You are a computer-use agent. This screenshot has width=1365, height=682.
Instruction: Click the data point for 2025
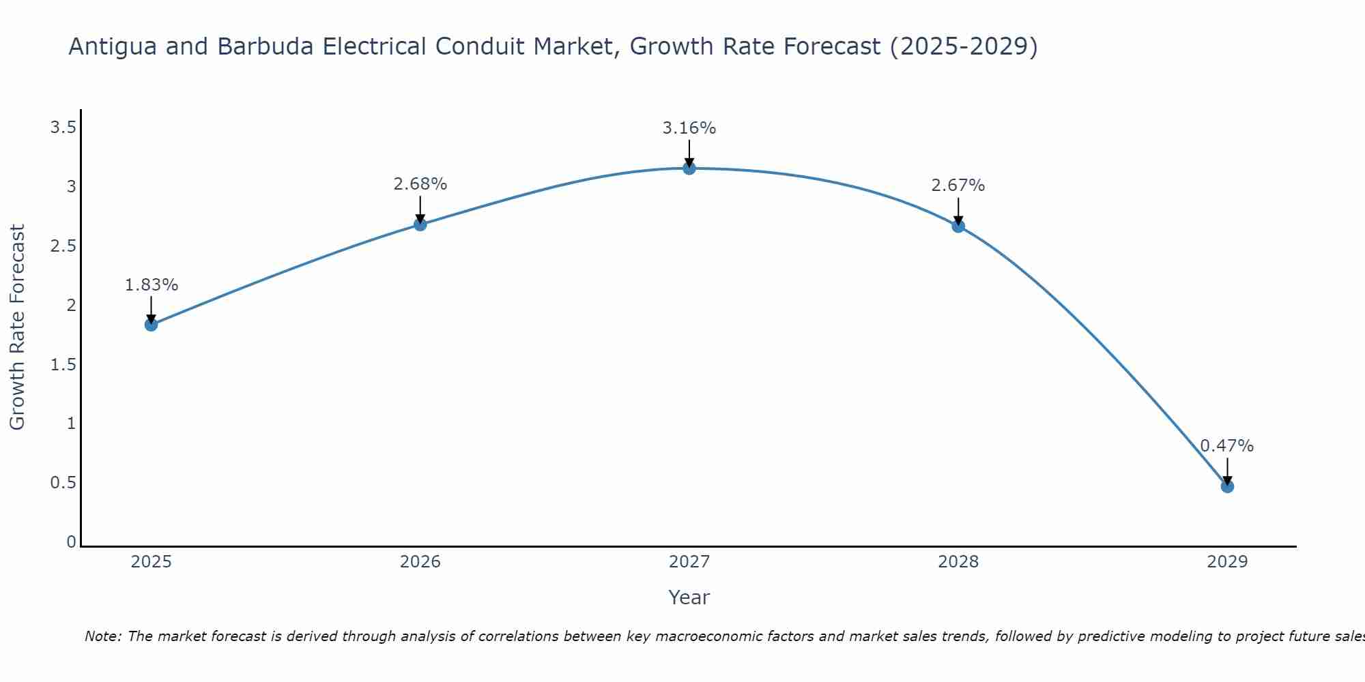pyautogui.click(x=151, y=325)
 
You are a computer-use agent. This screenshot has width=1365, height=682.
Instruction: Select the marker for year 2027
pyautogui.click(x=689, y=168)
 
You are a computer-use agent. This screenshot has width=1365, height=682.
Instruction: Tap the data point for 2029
pyautogui.click(x=1227, y=486)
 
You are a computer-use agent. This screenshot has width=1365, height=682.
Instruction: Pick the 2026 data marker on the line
pyautogui.click(x=420, y=224)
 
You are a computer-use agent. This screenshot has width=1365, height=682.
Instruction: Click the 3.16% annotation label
pyautogui.click(x=689, y=128)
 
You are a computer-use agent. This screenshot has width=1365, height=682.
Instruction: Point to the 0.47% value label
pyautogui.click(x=1226, y=446)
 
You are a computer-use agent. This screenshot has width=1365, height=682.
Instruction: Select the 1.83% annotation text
pyautogui.click(x=151, y=285)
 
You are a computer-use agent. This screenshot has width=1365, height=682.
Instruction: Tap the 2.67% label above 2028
pyautogui.click(x=958, y=186)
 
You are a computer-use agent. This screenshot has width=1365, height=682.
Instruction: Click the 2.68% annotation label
pyautogui.click(x=420, y=184)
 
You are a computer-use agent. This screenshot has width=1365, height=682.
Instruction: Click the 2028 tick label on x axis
pyautogui.click(x=958, y=562)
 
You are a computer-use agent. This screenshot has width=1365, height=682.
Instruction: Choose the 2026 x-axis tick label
pyautogui.click(x=420, y=562)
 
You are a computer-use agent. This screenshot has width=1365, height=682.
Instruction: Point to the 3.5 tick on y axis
pyautogui.click(x=63, y=128)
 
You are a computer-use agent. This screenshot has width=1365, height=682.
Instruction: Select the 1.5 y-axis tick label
pyautogui.click(x=63, y=365)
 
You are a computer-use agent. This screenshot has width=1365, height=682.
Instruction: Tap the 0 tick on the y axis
pyautogui.click(x=71, y=542)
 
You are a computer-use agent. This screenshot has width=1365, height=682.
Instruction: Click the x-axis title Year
pyautogui.click(x=689, y=597)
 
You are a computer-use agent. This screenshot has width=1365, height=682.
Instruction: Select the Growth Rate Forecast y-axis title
pyautogui.click(x=18, y=327)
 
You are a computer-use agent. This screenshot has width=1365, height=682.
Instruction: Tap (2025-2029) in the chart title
pyautogui.click(x=964, y=47)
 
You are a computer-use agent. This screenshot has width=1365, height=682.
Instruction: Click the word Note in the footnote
pyautogui.click(x=102, y=636)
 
